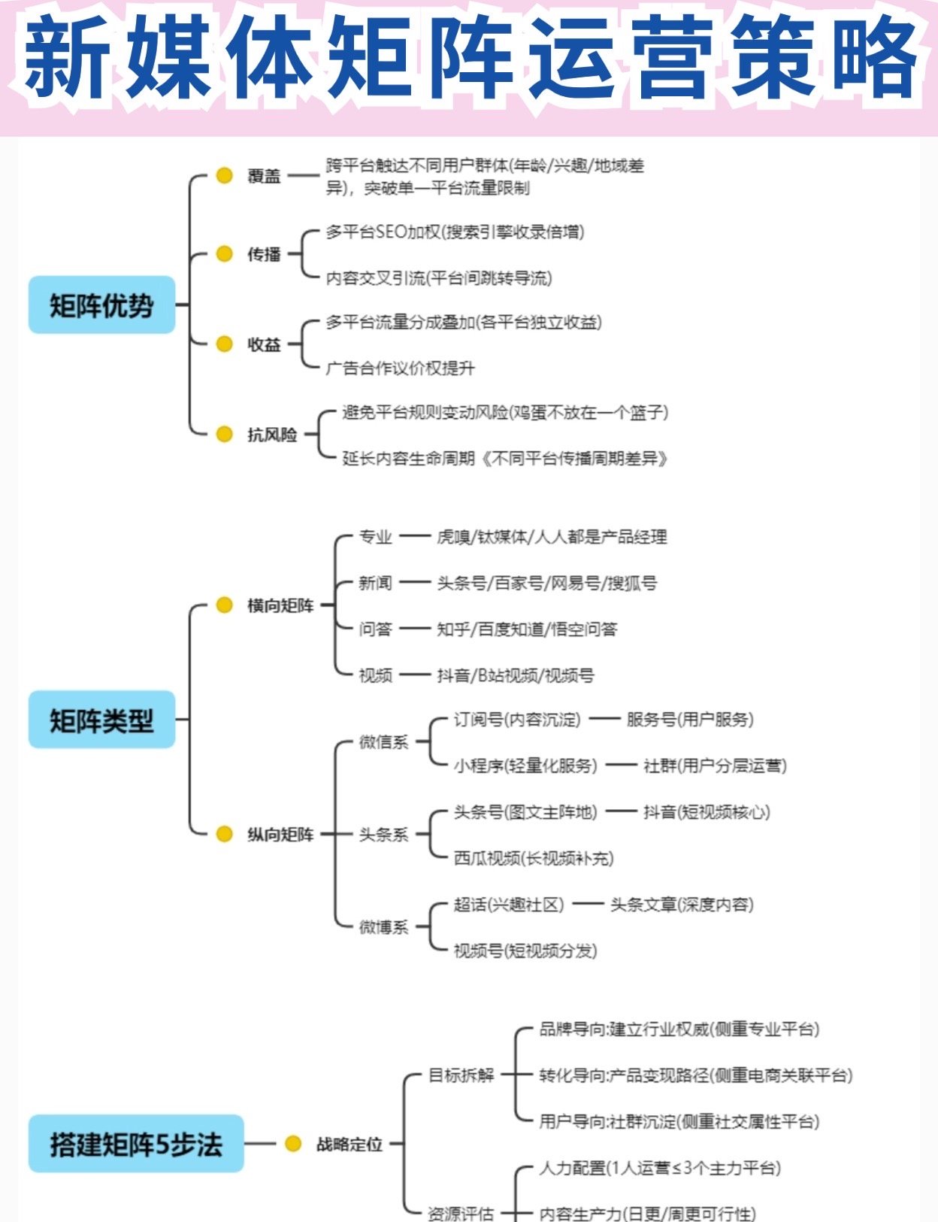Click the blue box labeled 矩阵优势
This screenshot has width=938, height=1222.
click(x=101, y=305)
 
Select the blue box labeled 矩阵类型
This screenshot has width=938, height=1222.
click(x=101, y=720)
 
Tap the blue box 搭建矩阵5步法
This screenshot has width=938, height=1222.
click(x=136, y=1144)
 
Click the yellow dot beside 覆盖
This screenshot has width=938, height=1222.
click(x=224, y=175)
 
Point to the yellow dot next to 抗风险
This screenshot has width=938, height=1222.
click(x=224, y=434)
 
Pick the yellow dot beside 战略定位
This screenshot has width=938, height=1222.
click(x=293, y=1144)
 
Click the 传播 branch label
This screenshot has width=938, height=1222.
click(x=264, y=254)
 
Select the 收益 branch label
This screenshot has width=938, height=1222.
click(x=264, y=344)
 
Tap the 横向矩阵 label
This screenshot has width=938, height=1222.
click(x=280, y=605)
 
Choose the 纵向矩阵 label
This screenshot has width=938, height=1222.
click(x=280, y=834)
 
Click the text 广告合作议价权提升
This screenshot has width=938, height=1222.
click(x=400, y=368)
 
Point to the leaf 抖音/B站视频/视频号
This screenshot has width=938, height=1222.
click(x=516, y=675)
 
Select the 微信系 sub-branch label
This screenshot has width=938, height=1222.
click(x=383, y=742)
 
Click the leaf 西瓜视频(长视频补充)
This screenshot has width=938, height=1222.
click(x=534, y=858)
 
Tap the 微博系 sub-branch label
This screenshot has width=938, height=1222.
click(x=383, y=927)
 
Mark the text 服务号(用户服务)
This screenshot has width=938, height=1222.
click(x=690, y=720)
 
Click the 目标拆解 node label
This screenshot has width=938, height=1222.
click(x=461, y=1075)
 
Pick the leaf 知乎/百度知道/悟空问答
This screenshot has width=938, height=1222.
click(x=527, y=629)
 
